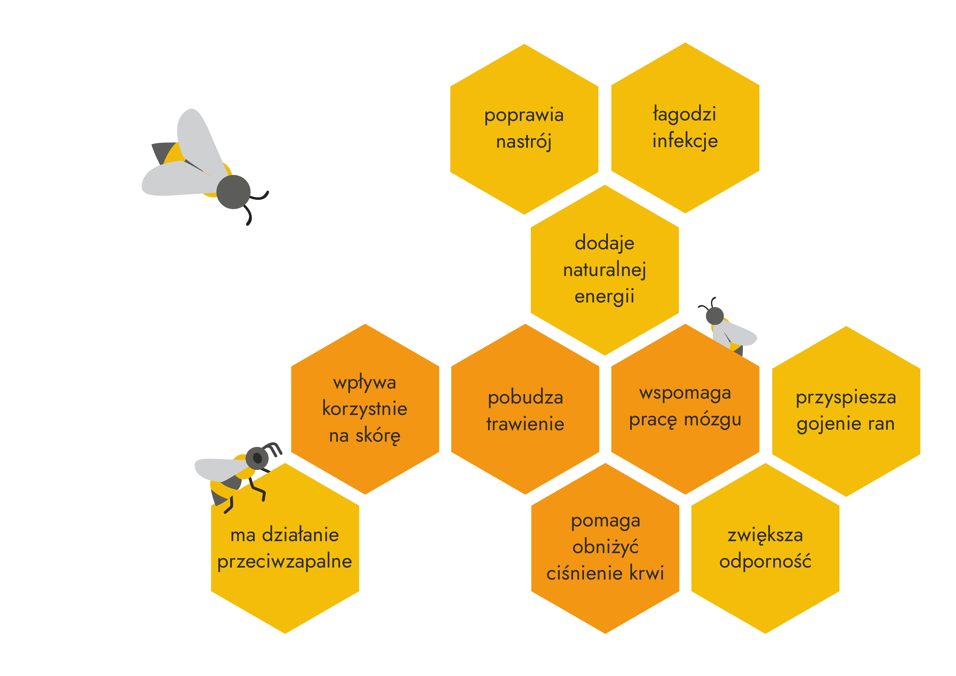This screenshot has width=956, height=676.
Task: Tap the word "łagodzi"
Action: (685, 114)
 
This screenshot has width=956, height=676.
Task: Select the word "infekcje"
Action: (685, 141)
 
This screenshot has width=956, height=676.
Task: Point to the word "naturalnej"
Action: (604, 270)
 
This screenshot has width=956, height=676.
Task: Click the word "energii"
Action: (604, 297)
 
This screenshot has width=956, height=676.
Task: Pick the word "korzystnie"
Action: (365, 409)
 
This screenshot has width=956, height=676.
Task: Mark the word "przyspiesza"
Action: (846, 397)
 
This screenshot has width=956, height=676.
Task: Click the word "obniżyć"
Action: (606, 547)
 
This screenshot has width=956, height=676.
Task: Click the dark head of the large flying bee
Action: (234, 192)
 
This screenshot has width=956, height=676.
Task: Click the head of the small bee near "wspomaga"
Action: (715, 316)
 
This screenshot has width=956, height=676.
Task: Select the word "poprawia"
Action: (524, 115)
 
